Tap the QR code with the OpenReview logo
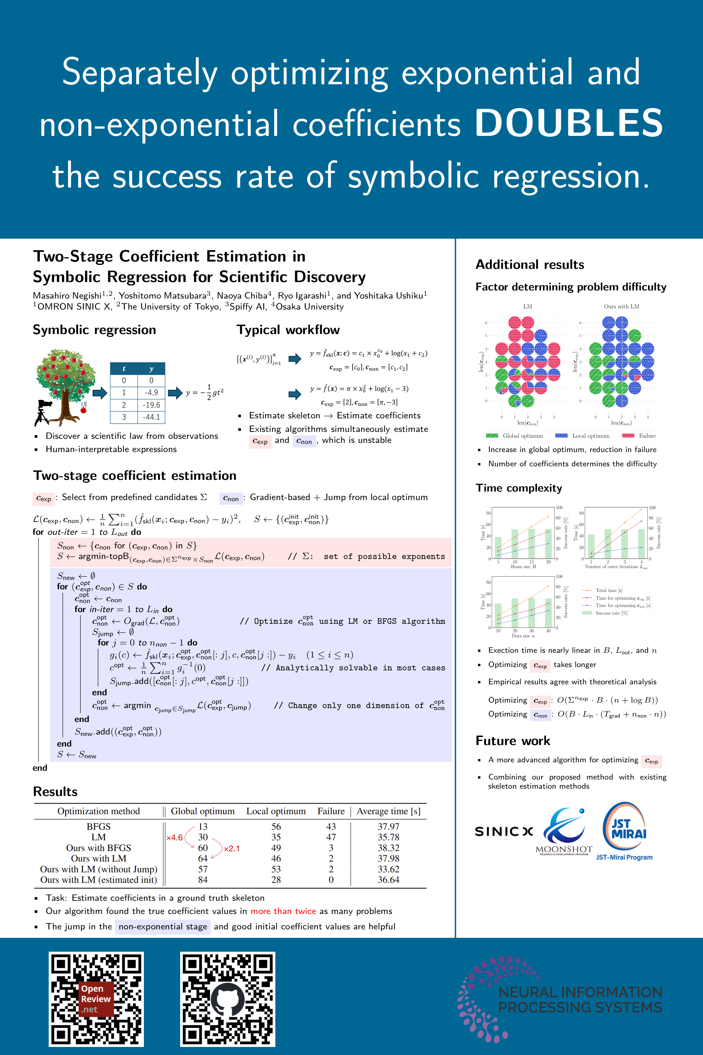pyautogui.click(x=96, y=999)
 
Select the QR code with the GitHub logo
pyautogui.click(x=228, y=999)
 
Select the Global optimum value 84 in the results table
pyautogui.click(x=202, y=880)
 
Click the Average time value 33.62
pyautogui.click(x=388, y=869)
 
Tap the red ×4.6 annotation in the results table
pyautogui.click(x=174, y=837)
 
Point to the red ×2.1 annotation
pyautogui.click(x=231, y=849)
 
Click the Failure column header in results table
pyautogui.click(x=331, y=811)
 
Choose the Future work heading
pyautogui.click(x=513, y=741)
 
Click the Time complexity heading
pyautogui.click(x=518, y=488)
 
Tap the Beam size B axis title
pyautogui.click(x=523, y=567)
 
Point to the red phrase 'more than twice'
pyautogui.click(x=283, y=911)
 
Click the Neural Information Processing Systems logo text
pyautogui.click(x=580, y=1000)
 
